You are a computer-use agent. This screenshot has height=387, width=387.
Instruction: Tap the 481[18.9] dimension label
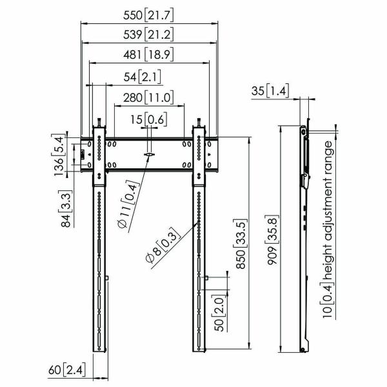click(149, 55)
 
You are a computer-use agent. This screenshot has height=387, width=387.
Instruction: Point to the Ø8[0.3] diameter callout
click(158, 244)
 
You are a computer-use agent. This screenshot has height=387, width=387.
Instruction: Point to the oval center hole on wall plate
click(150, 155)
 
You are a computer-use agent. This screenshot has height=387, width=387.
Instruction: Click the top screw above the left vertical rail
click(99, 122)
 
